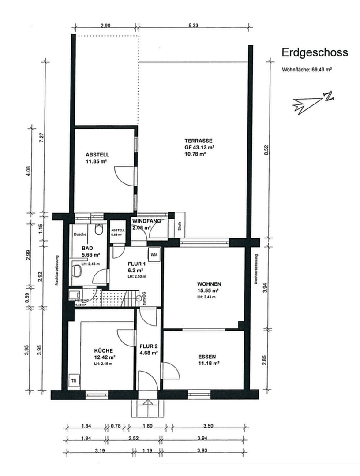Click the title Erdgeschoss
tap(315, 52)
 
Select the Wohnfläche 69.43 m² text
tap(307, 70)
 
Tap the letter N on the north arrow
tap(328, 97)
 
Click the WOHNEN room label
tap(209, 284)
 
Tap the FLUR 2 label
tap(149, 346)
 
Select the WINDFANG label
tap(149, 220)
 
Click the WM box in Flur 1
tap(154, 255)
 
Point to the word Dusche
tap(80, 234)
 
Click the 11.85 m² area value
tap(97, 161)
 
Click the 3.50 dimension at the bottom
tap(208, 426)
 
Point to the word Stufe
tap(180, 226)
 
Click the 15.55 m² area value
tap(209, 291)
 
